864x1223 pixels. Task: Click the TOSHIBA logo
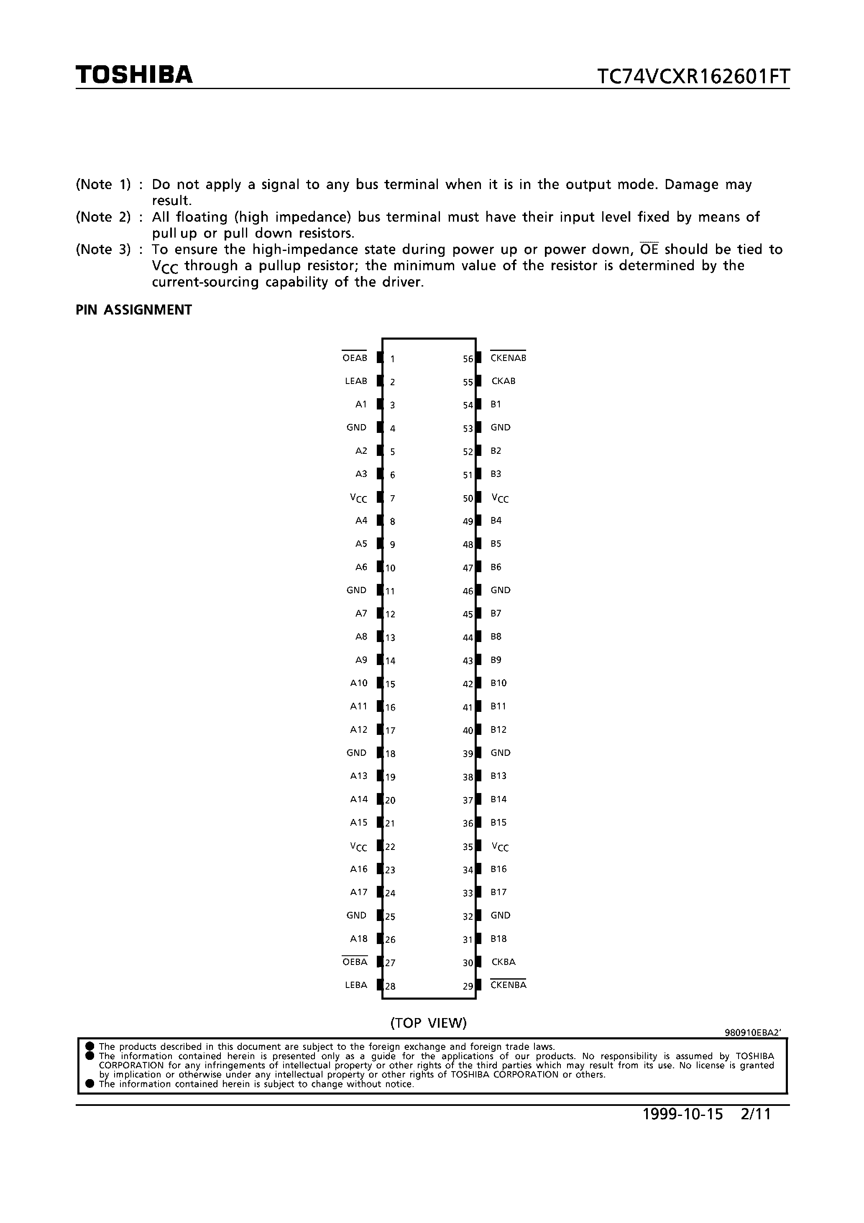134,75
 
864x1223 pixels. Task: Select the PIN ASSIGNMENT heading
134,310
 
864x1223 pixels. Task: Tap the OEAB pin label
355,358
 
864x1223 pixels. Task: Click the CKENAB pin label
508,358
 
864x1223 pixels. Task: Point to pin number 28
391,986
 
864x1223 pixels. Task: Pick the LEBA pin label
356,985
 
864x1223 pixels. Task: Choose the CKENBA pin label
508,985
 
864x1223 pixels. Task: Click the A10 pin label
358,683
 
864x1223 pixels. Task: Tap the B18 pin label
498,939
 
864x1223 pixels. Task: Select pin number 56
468,359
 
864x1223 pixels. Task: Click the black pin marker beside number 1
380,358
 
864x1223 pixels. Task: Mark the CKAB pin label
504,381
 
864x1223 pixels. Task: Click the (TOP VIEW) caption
428,1023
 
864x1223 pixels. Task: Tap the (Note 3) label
103,249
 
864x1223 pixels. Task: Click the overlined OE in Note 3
649,249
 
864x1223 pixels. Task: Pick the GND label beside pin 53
500,427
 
